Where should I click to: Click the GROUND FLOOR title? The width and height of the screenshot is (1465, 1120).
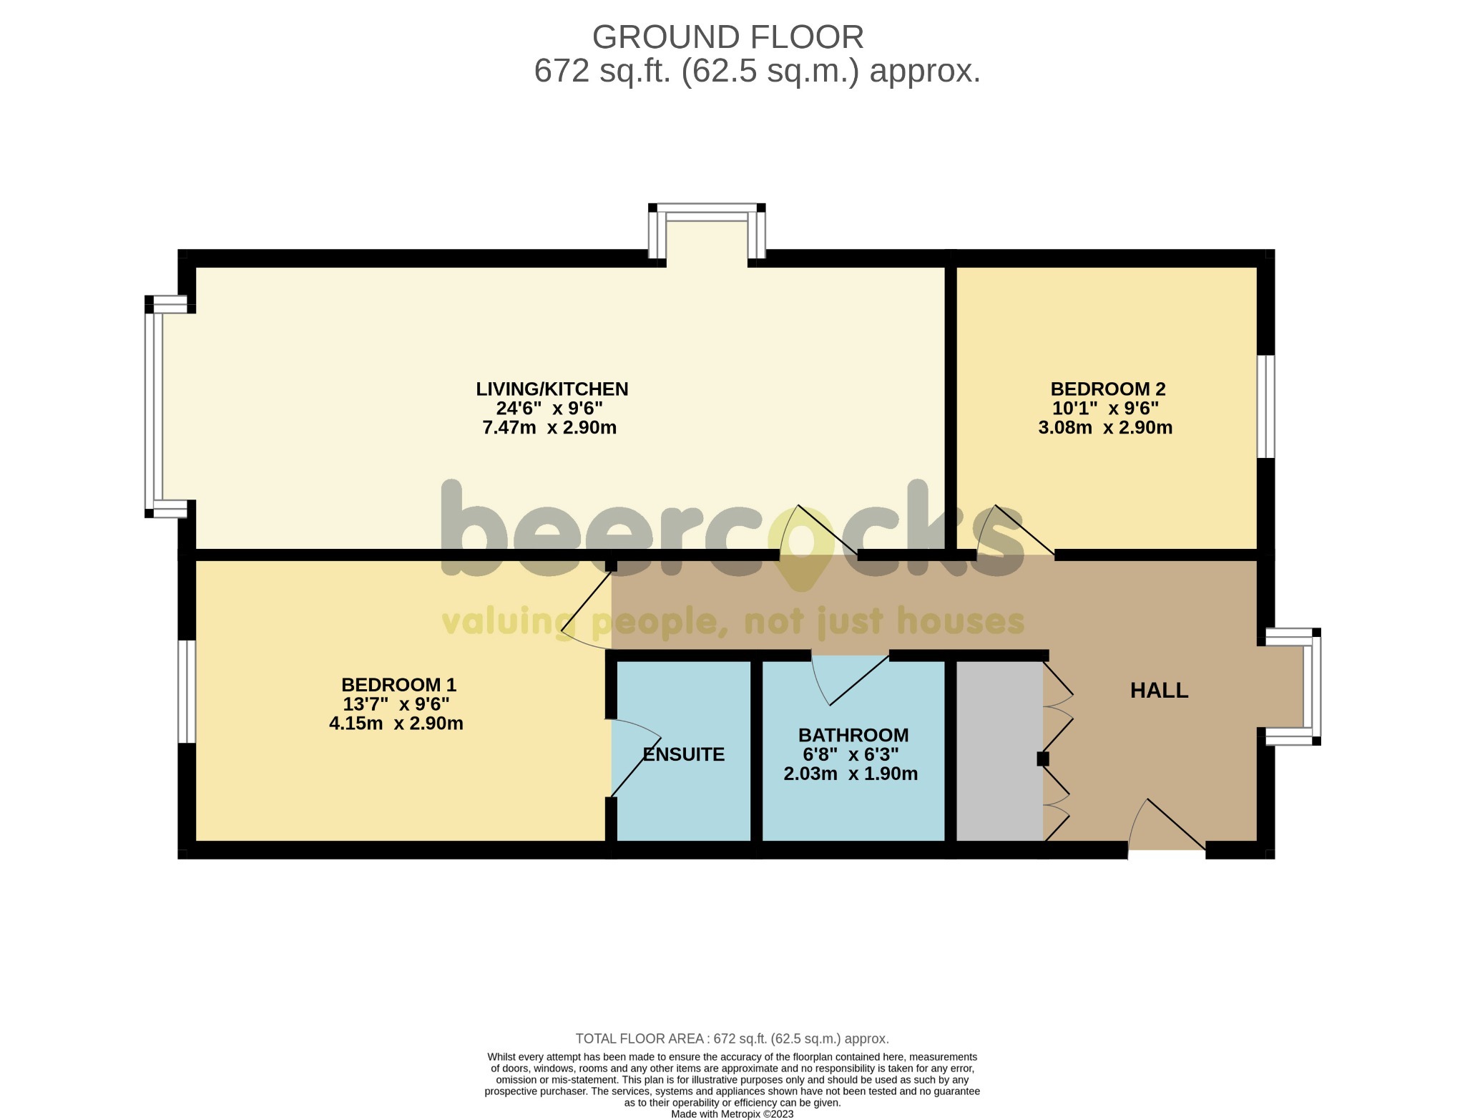727,37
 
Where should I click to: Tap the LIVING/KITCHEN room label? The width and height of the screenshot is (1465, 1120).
552,389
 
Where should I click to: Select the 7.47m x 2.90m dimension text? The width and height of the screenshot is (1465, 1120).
549,428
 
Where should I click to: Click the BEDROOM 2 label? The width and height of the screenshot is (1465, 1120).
1107,389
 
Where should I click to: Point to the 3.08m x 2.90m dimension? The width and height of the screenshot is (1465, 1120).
1105,428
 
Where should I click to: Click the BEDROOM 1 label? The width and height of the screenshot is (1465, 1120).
398,685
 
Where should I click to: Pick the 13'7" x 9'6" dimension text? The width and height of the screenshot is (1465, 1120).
396,704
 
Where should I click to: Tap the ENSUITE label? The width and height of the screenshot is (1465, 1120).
683,754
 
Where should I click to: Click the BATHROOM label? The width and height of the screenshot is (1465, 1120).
853,735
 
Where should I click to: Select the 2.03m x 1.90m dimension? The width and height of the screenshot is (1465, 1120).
851,774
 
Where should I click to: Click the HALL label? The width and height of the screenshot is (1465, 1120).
1159,691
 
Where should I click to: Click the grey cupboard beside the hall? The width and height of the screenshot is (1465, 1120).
999,751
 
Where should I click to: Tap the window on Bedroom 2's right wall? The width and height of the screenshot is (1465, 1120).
1265,406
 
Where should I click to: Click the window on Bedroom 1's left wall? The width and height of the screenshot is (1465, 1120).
186,691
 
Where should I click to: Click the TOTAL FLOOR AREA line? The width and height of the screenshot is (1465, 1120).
732,1038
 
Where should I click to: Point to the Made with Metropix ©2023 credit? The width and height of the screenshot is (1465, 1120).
732,1114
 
